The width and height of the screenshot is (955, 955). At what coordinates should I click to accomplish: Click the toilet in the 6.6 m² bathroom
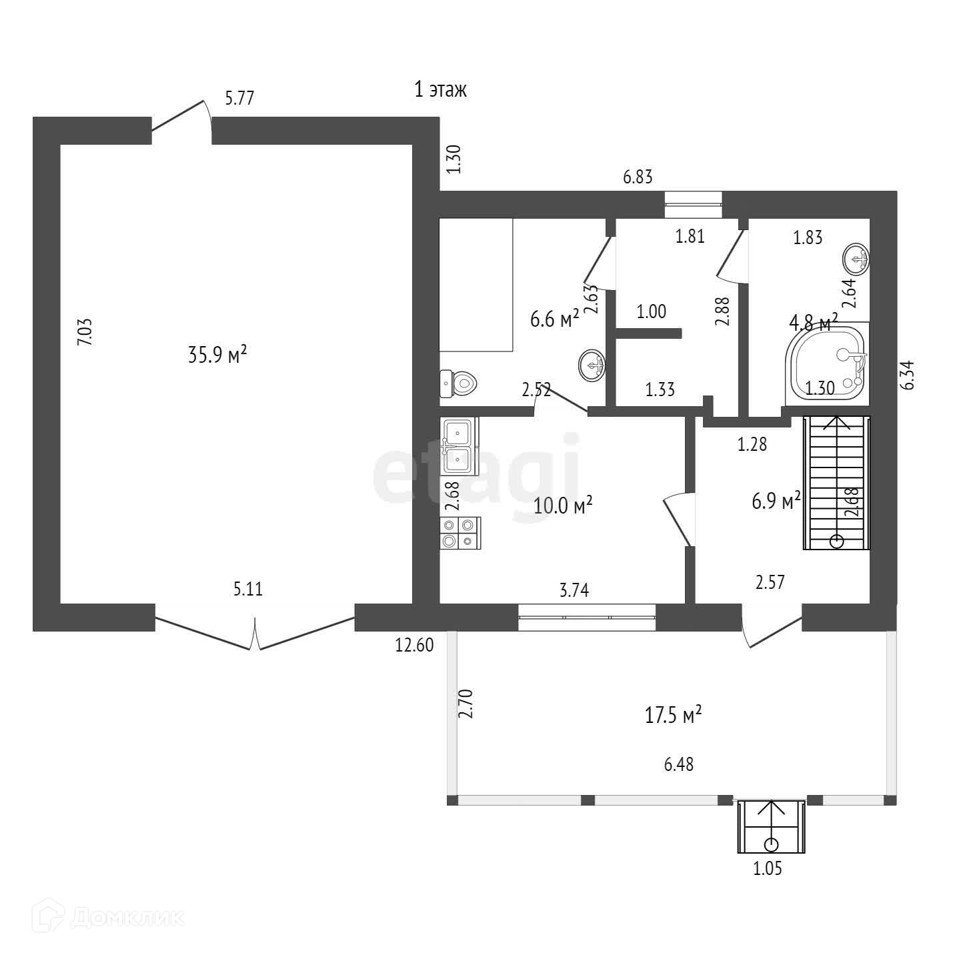(x=458, y=383)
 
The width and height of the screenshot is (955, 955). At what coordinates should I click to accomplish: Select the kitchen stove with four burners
(x=460, y=533)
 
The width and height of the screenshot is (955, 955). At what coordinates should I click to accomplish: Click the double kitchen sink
(x=459, y=446)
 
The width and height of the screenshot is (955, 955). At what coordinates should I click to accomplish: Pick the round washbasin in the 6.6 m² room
(x=592, y=365)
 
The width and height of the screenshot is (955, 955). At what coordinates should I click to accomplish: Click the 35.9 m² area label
(x=217, y=355)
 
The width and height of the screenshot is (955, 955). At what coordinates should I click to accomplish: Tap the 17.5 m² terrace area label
(x=673, y=715)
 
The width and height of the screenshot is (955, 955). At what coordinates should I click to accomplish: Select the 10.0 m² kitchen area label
(x=563, y=506)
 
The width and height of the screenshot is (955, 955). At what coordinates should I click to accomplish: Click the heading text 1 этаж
(x=441, y=90)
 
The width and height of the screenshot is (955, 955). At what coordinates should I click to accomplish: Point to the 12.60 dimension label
(x=414, y=645)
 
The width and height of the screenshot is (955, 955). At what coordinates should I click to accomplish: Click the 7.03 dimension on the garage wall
(x=85, y=332)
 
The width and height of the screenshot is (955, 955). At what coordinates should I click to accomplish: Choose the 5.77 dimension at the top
(x=239, y=97)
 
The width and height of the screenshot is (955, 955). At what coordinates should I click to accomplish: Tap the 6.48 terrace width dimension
(x=678, y=764)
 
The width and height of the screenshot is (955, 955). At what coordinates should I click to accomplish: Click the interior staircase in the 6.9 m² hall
(x=836, y=483)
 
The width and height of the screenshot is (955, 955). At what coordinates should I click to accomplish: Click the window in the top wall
(x=694, y=204)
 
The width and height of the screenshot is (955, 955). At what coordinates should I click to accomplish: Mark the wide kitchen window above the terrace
(x=587, y=617)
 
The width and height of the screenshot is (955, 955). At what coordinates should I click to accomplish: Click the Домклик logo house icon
(x=49, y=913)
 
